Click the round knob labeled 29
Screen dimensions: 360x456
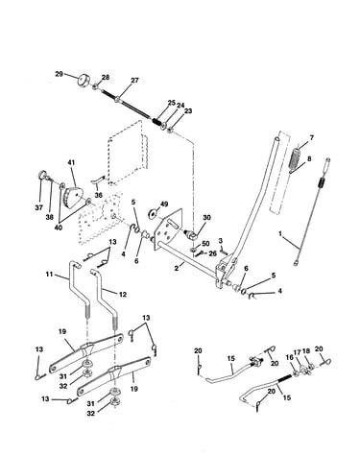coord(84,80)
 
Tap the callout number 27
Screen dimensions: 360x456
coord(135,80)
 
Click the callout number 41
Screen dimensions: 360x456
coord(71,163)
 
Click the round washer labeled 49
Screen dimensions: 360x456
coord(152,213)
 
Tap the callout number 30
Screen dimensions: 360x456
coord(206,218)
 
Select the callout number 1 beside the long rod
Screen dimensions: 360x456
coord(280,234)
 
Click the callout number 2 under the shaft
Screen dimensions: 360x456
coord(176,269)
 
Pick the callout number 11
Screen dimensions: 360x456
coord(49,274)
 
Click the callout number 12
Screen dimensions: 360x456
coord(123,294)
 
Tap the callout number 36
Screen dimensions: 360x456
coord(98,195)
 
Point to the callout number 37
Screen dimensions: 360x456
coord(38,207)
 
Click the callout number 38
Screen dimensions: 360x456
coord(49,217)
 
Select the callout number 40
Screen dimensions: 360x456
coord(59,228)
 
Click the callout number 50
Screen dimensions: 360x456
coord(205,244)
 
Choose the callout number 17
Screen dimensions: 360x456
coord(298,352)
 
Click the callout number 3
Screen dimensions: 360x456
coord(221,240)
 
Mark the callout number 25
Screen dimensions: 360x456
coord(172,103)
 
